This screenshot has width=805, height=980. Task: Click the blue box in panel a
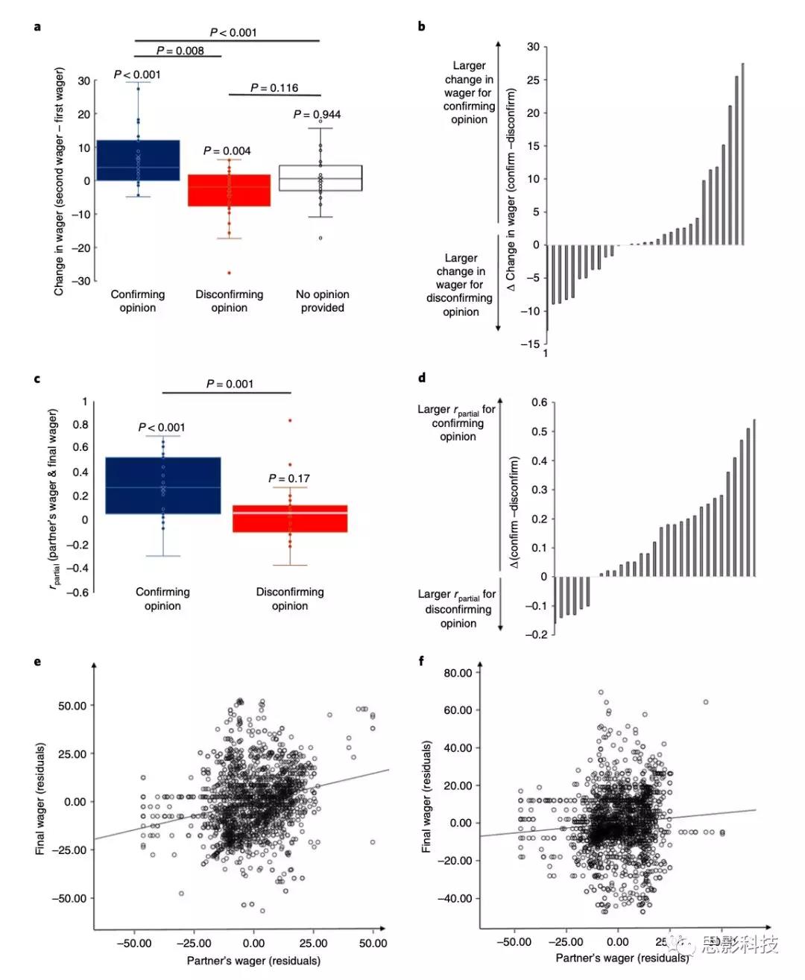138,160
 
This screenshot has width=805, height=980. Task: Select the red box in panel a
229,190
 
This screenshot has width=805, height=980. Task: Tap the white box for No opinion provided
321,178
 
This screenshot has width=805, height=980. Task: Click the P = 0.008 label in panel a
180,51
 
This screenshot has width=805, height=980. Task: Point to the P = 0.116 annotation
274,88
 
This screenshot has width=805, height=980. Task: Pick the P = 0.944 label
317,115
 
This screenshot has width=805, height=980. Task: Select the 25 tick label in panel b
533,80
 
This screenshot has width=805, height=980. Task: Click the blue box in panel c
162,485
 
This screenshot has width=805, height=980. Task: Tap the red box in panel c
289,519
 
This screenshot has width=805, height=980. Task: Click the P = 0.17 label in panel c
289,478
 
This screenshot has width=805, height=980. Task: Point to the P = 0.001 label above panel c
230,384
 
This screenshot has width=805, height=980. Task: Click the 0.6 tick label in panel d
539,402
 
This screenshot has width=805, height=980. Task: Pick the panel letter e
37,662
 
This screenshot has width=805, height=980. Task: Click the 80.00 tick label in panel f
458,673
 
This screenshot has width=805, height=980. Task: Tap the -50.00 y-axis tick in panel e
69,898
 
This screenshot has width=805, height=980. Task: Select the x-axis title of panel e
253,961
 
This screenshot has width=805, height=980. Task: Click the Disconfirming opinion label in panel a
229,301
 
